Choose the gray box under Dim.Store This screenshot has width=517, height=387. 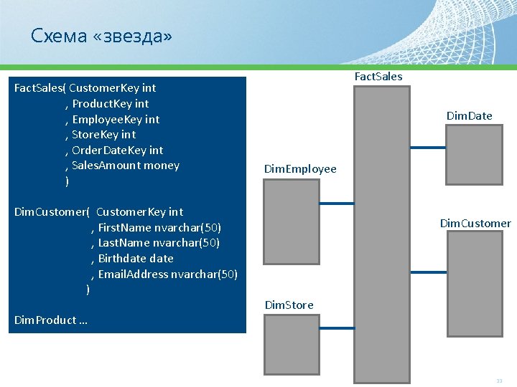291,347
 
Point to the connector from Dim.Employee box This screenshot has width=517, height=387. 337,204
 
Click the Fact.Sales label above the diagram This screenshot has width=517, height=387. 378,76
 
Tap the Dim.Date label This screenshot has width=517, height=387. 469,115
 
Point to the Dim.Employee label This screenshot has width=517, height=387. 300,169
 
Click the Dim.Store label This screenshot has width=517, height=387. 289,305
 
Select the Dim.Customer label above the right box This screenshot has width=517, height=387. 475,224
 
